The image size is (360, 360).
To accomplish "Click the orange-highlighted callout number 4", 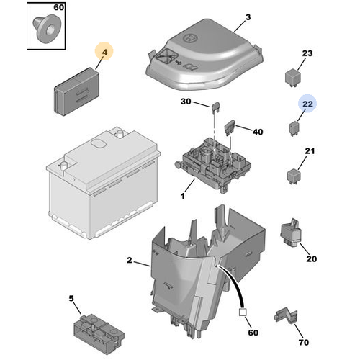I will [x=105, y=53].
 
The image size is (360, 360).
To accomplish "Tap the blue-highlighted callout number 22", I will [x=307, y=105].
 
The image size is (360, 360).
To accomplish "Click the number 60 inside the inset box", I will [x=58, y=8].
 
